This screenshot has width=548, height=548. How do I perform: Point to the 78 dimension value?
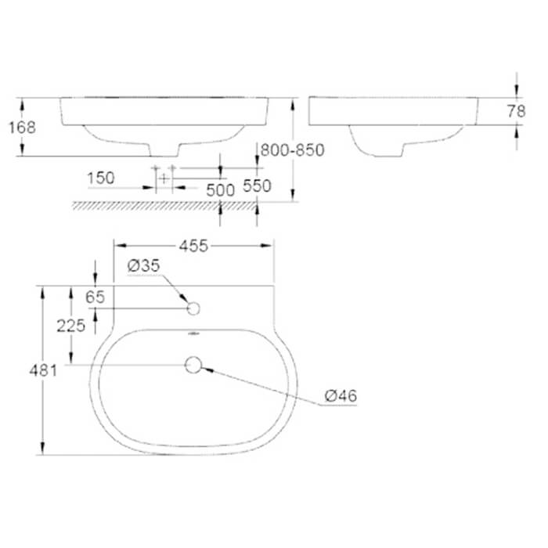[516, 112]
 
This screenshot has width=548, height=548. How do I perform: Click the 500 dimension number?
[221, 189]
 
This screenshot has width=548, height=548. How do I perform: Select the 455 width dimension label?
[193, 247]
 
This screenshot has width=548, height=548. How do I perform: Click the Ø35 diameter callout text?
[143, 266]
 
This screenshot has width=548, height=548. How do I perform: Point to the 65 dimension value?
[73, 296]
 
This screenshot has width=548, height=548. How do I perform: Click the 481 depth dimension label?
[45, 370]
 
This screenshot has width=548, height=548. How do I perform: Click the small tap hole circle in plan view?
[193, 308]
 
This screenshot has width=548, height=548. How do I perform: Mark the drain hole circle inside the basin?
[193, 364]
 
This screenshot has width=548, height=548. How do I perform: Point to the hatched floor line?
[164, 205]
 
